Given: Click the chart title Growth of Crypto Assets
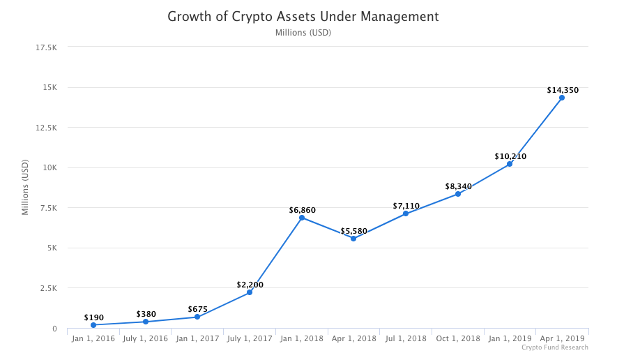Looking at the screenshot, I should [303, 16].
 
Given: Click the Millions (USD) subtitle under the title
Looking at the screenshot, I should [303, 33].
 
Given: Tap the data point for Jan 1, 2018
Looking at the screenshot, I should [302, 218].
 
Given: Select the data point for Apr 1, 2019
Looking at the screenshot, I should [562, 98].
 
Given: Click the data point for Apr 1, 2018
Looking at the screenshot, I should [353, 239].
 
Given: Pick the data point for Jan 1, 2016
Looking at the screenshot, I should [93, 325].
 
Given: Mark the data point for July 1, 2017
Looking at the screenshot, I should [250, 292].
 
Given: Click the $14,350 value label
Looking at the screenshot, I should [562, 90].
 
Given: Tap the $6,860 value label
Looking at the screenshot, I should [302, 210].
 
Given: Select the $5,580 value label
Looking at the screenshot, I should [353, 231].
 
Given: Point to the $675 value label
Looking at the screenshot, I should [197, 309].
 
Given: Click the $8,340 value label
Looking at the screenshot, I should [458, 186].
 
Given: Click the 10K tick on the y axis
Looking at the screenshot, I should [50, 167].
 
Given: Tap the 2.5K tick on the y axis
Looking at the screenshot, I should [48, 288].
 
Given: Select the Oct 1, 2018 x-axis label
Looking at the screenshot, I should [458, 338].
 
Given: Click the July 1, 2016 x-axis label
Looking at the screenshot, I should [145, 338].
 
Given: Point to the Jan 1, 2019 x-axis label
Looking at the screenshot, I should [510, 338].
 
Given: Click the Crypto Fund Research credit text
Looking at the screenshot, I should [555, 347].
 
